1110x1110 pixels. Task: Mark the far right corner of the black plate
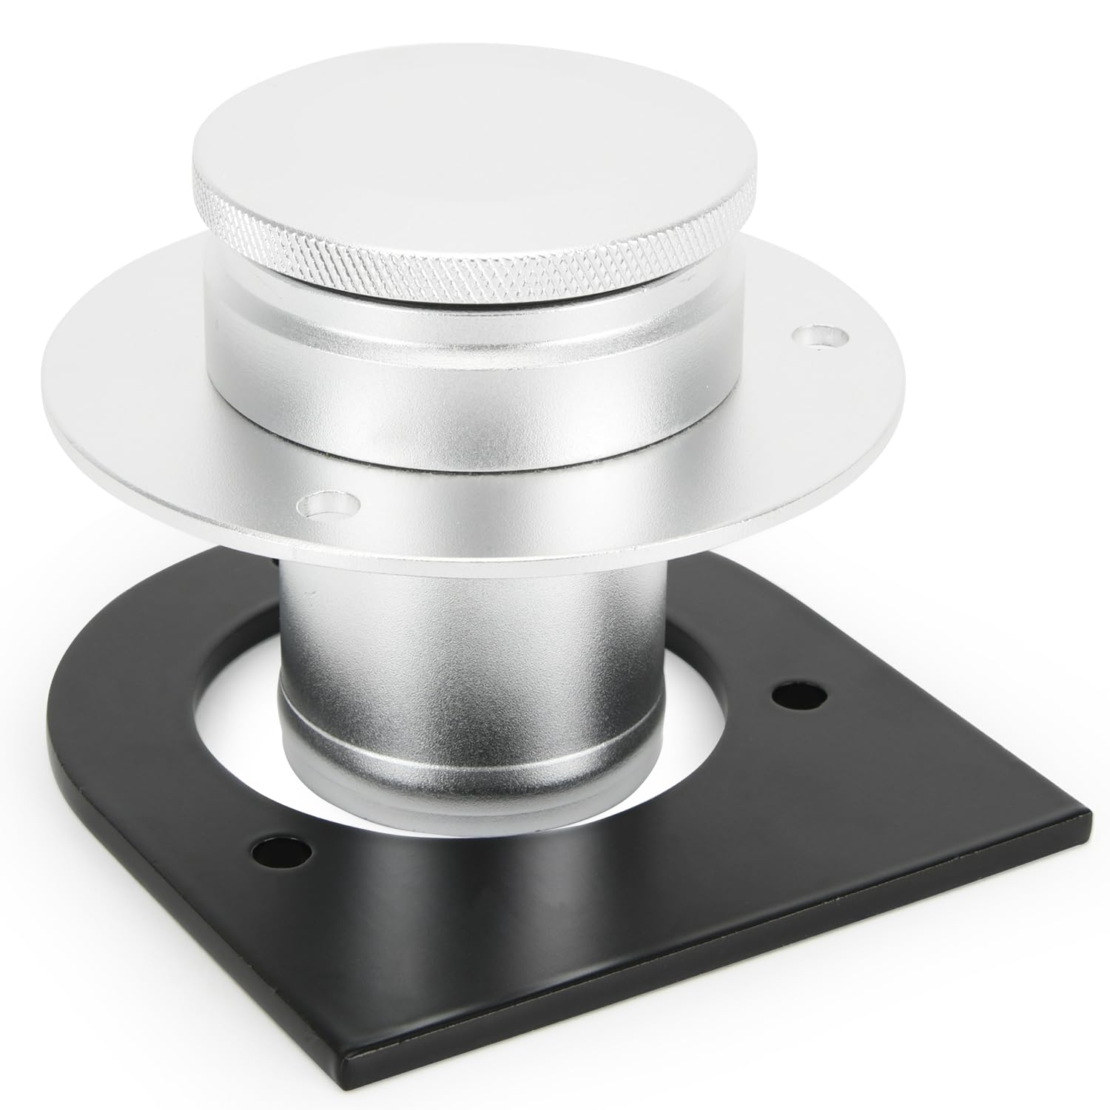1089,816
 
